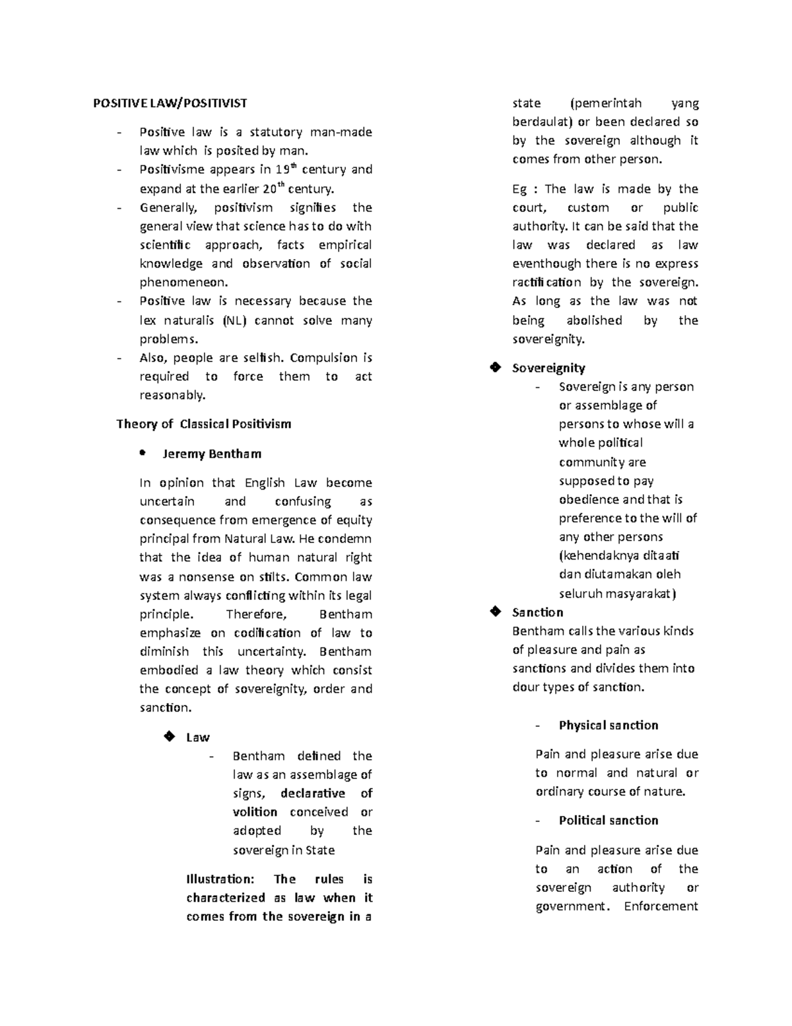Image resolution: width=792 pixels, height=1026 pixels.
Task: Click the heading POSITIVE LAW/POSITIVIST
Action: coord(170,103)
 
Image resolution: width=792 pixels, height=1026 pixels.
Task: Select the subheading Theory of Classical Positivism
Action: coord(203,424)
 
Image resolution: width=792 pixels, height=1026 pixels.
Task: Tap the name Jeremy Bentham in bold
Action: coord(211,454)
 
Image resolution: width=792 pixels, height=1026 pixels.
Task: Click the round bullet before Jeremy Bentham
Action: coord(142,453)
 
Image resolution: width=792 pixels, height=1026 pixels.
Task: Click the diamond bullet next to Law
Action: coord(169,737)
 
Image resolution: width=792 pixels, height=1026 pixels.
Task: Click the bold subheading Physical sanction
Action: coord(608,725)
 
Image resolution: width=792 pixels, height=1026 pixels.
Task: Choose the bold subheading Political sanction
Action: coord(608,821)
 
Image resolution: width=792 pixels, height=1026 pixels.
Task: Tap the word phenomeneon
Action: coord(183,283)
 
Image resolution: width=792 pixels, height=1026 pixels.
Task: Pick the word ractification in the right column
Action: coord(546,283)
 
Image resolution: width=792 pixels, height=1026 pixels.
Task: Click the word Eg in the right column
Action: coord(519,190)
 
